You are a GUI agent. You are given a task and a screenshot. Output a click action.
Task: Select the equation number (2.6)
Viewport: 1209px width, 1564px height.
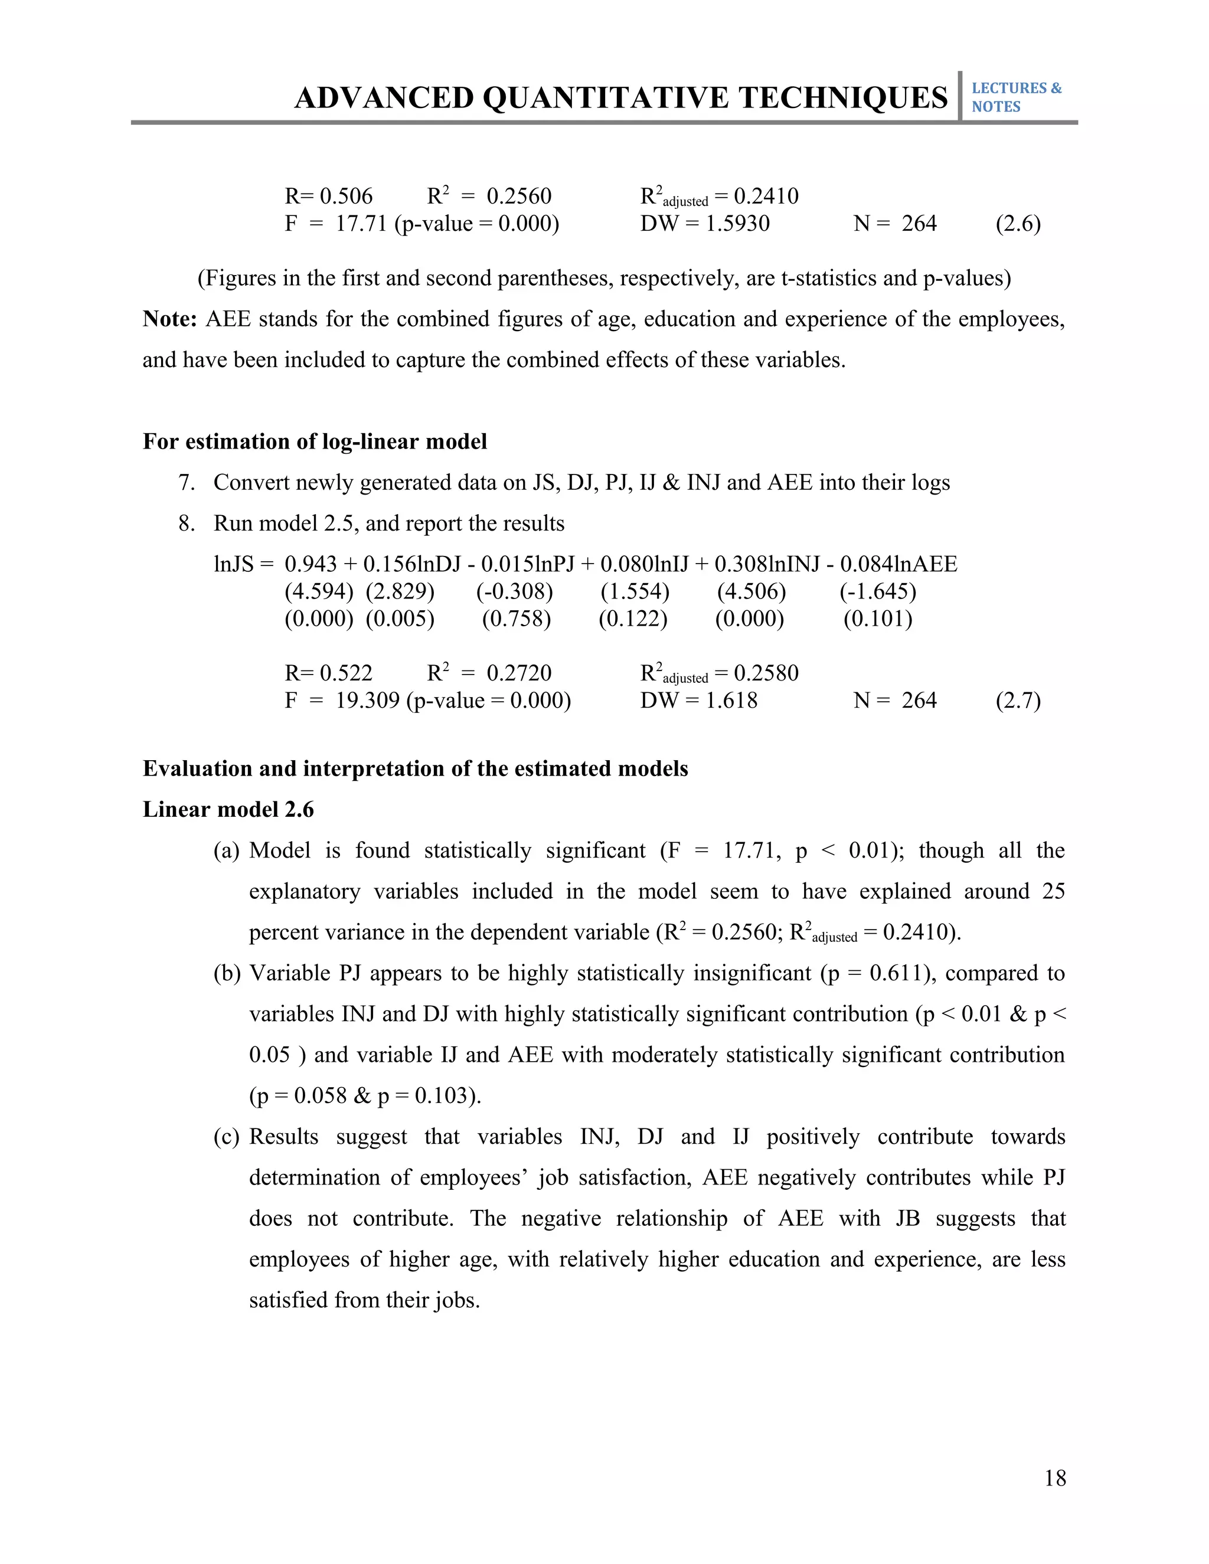[x=1018, y=224]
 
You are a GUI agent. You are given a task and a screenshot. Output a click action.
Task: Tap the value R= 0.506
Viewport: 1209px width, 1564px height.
[x=329, y=196]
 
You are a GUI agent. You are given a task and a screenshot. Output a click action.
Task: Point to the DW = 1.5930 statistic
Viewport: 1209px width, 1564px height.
[x=705, y=224]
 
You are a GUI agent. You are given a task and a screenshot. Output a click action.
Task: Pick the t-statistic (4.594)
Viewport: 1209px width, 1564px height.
[x=319, y=591]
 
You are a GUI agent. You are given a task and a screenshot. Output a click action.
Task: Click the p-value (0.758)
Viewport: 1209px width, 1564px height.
[x=517, y=619]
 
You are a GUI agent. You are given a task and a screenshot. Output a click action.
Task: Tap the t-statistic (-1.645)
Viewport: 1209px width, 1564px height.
[x=878, y=591]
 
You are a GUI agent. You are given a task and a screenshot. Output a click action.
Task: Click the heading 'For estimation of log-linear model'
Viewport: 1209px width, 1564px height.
[x=315, y=441]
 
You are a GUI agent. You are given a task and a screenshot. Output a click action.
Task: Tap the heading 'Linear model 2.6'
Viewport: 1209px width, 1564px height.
[x=228, y=809]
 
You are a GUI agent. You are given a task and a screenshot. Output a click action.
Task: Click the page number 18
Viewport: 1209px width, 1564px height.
[x=1055, y=1478]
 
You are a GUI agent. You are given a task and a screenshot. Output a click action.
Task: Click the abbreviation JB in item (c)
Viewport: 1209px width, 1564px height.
[x=907, y=1218]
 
